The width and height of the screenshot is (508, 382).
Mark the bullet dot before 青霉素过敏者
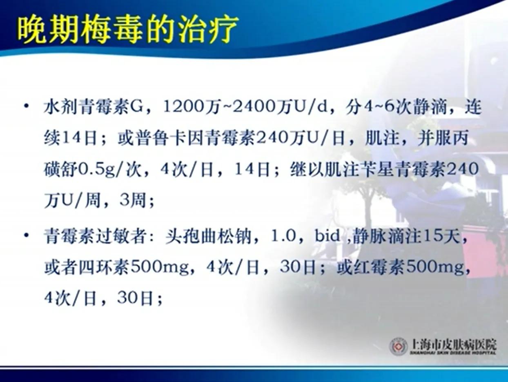(x=27, y=235)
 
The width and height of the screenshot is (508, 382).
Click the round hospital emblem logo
(x=398, y=346)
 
